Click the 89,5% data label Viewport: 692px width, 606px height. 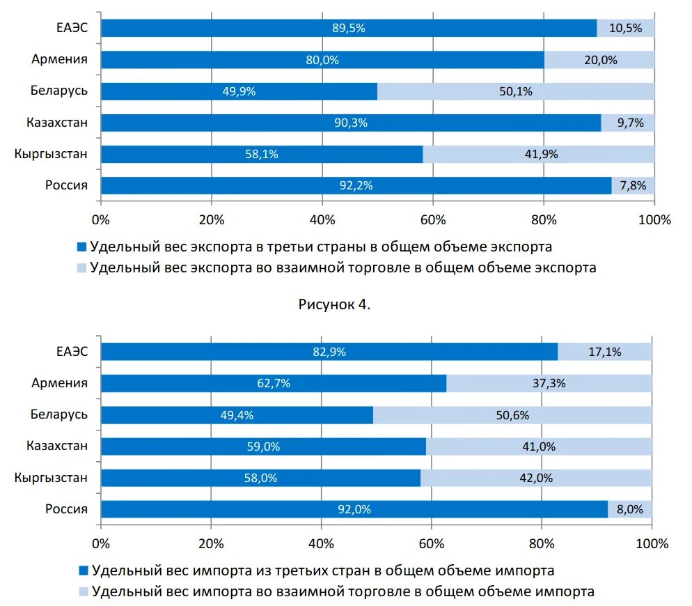click(348, 28)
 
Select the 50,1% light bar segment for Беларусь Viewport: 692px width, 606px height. click(516, 91)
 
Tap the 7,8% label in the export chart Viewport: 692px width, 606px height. click(632, 186)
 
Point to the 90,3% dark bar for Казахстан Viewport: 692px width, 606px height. click(350, 123)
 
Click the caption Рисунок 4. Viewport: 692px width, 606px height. click(334, 304)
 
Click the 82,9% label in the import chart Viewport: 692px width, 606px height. click(329, 352)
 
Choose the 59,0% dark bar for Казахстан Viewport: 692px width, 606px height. click(263, 447)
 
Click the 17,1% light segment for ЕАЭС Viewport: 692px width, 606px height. click(604, 352)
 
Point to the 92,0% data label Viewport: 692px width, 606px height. click(354, 510)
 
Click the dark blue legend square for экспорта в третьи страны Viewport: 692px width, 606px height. click(82, 247)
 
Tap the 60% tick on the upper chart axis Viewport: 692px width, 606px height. click(432, 220)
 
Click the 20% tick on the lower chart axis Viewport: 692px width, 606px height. click(211, 543)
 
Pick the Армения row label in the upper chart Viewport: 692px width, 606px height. click(59, 59)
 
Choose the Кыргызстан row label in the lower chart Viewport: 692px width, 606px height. click(51, 478)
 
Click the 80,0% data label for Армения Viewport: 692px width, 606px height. click(322, 60)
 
